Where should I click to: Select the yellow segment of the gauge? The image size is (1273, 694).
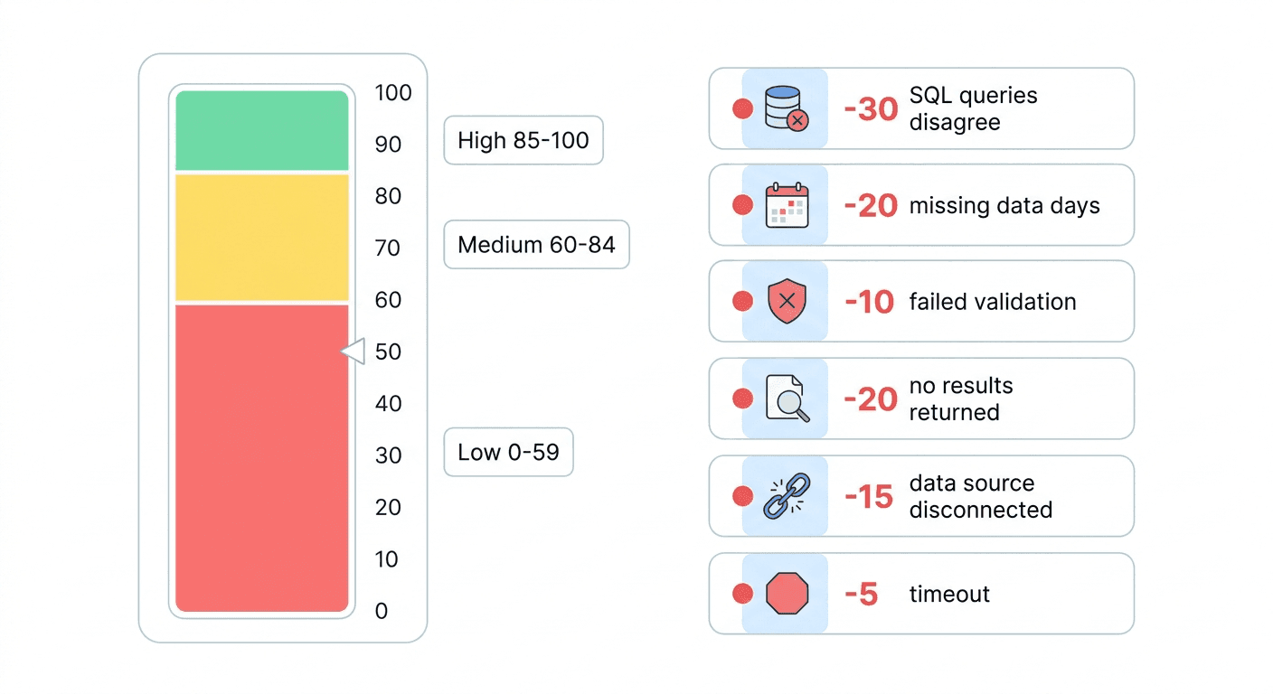[261, 237]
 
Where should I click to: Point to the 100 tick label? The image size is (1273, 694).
[392, 93]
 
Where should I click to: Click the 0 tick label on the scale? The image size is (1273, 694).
[382, 611]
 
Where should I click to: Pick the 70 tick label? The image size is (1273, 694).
[388, 248]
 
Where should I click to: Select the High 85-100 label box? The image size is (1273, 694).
[523, 140]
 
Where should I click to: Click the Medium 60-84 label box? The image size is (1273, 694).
[536, 244]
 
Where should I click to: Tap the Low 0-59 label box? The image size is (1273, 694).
[508, 452]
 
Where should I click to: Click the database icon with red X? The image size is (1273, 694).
[786, 108]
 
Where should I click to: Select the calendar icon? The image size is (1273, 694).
[786, 205]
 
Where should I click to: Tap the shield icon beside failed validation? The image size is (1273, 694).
[786, 302]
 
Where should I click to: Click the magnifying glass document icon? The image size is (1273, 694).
[786, 399]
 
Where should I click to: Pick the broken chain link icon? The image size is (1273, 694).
[786, 496]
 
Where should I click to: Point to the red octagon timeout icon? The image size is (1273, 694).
[786, 594]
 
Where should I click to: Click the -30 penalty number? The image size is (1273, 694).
[871, 109]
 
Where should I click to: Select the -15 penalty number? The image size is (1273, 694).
[869, 497]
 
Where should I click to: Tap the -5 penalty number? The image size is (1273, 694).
[861, 595]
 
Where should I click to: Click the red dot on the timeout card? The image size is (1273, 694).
[742, 594]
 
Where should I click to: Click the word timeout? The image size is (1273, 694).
[949, 594]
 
